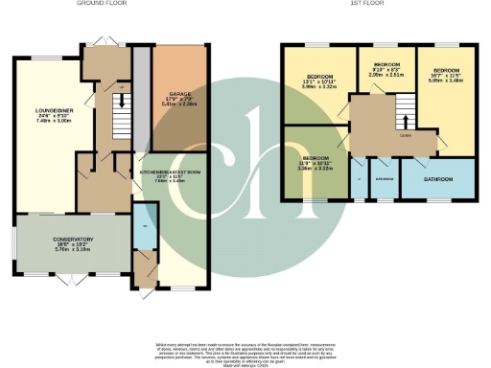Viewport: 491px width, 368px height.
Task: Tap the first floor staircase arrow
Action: pos(405,122)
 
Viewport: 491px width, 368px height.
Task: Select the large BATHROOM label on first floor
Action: pos(437,177)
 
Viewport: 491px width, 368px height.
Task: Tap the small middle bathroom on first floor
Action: pos(384,179)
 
